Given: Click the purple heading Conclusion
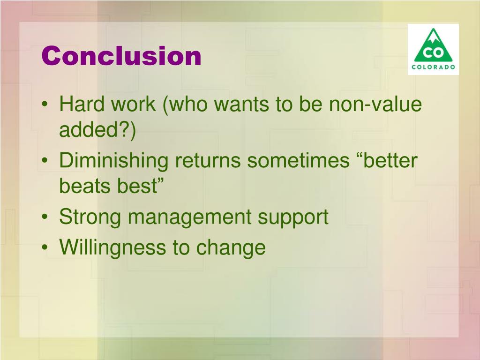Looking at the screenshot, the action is coord(121,56).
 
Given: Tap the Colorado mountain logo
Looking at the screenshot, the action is coord(433,49).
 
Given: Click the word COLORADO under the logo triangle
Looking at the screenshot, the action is coord(433,67).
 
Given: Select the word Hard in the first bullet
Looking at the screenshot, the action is coord(82,104).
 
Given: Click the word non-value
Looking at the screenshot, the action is coord(375,104).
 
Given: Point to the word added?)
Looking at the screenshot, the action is coord(97,130).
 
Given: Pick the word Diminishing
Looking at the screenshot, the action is coord(113,161).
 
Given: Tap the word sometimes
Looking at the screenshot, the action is coord(298,161).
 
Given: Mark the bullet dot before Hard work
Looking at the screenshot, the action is coord(45,104).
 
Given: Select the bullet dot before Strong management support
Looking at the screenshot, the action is coord(45,217).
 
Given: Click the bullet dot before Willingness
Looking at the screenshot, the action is coord(45,247).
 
